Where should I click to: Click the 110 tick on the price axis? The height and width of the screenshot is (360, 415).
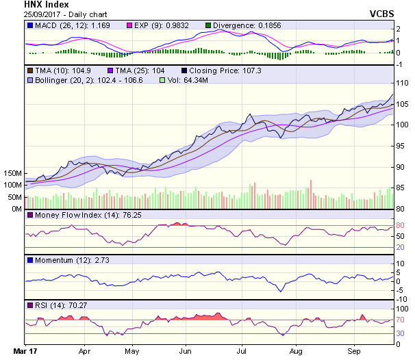[402, 82]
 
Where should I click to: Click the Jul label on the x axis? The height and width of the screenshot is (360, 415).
[241, 351]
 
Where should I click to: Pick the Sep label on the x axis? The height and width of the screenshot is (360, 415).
[353, 351]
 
